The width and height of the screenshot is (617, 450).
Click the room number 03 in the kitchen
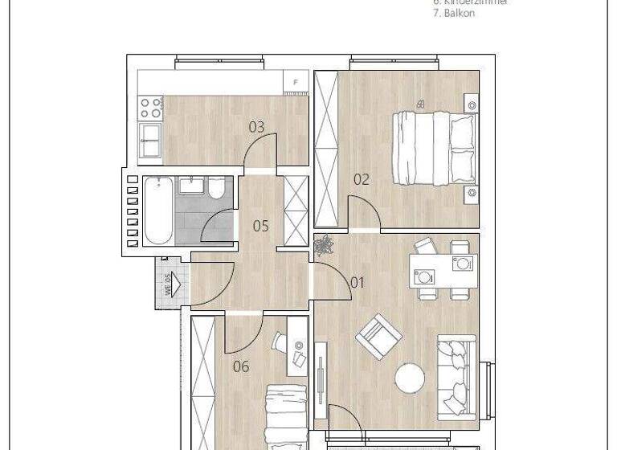click(x=256, y=127)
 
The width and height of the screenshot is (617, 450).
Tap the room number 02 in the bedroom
click(x=362, y=179)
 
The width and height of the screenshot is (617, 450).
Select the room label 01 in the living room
click(x=358, y=282)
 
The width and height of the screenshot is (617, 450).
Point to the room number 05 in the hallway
click(x=260, y=226)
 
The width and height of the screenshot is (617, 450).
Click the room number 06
click(x=240, y=367)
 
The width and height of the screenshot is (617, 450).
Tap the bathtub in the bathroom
click(x=157, y=211)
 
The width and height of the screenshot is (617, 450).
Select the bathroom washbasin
click(x=190, y=186)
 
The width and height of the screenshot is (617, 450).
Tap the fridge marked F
click(x=296, y=81)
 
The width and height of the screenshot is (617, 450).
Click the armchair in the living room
click(x=374, y=336)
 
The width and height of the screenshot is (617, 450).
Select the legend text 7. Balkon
click(x=456, y=14)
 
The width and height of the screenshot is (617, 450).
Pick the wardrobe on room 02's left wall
click(x=325, y=149)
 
